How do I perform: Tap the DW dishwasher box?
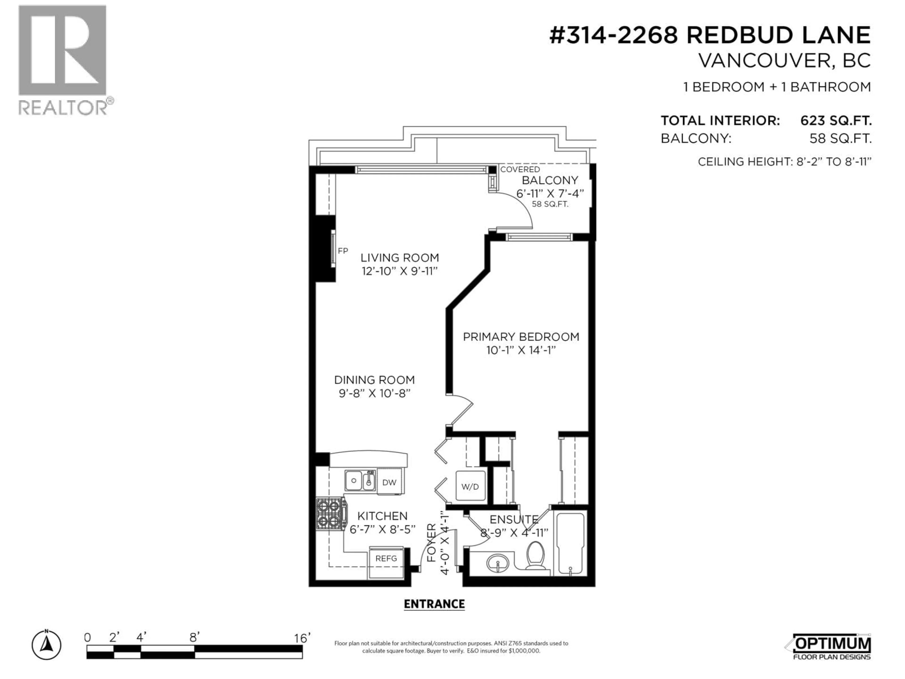389,482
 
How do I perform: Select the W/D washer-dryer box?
470,487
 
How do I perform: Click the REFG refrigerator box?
386,558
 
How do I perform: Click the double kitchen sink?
360,480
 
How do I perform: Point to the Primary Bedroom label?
521,337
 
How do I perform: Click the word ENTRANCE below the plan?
434,604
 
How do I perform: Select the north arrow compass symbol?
47,646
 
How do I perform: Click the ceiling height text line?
784,162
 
